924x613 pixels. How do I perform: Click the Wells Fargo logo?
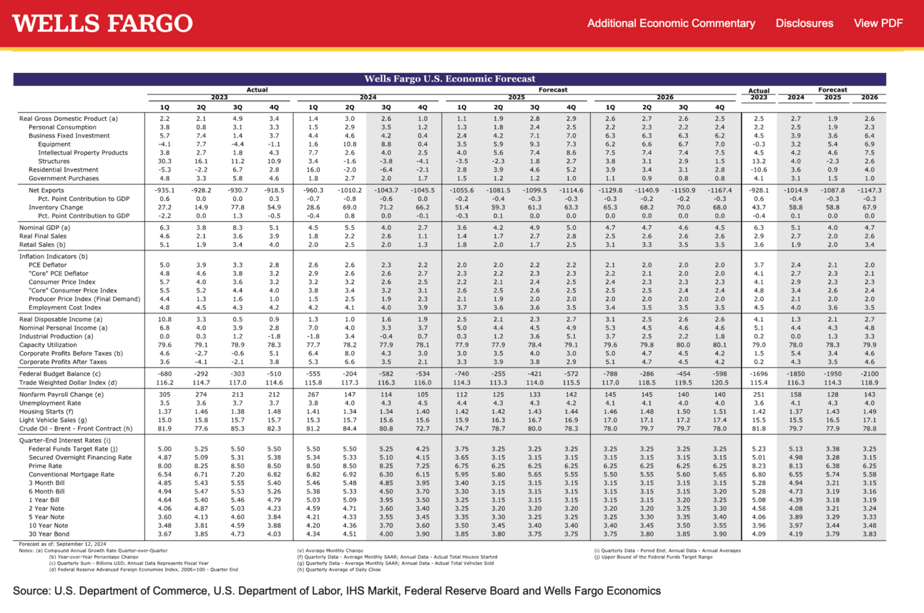coord(102,23)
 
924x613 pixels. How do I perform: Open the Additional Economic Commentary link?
coord(671,24)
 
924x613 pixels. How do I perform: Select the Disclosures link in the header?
coord(804,24)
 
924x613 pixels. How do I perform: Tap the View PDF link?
coord(878,24)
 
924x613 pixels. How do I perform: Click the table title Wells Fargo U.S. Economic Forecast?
coord(449,79)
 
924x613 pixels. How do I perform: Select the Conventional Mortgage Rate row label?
coord(71,474)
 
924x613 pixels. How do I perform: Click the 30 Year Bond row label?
coord(49,534)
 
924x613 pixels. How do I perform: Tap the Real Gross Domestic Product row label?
coord(68,118)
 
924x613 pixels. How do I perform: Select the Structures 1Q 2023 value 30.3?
coord(164,161)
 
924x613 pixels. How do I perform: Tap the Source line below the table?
coord(336,591)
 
